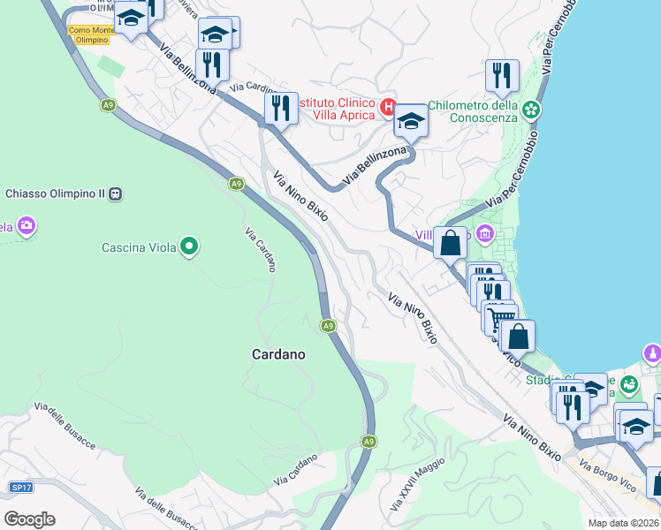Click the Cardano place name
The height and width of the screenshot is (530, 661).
[278, 354]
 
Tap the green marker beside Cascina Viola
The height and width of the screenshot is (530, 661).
[188, 246]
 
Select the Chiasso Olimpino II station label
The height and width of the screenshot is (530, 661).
[55, 193]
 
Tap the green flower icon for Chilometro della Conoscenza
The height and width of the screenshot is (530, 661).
[531, 110]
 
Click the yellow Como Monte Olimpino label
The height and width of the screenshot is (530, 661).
[91, 34]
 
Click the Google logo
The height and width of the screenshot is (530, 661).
[29, 519]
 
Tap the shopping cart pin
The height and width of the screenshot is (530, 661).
[500, 317]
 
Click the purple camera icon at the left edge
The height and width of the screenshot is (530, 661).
[27, 226]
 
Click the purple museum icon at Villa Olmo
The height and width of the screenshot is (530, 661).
[484, 234]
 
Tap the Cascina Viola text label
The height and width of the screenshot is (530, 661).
[135, 247]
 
